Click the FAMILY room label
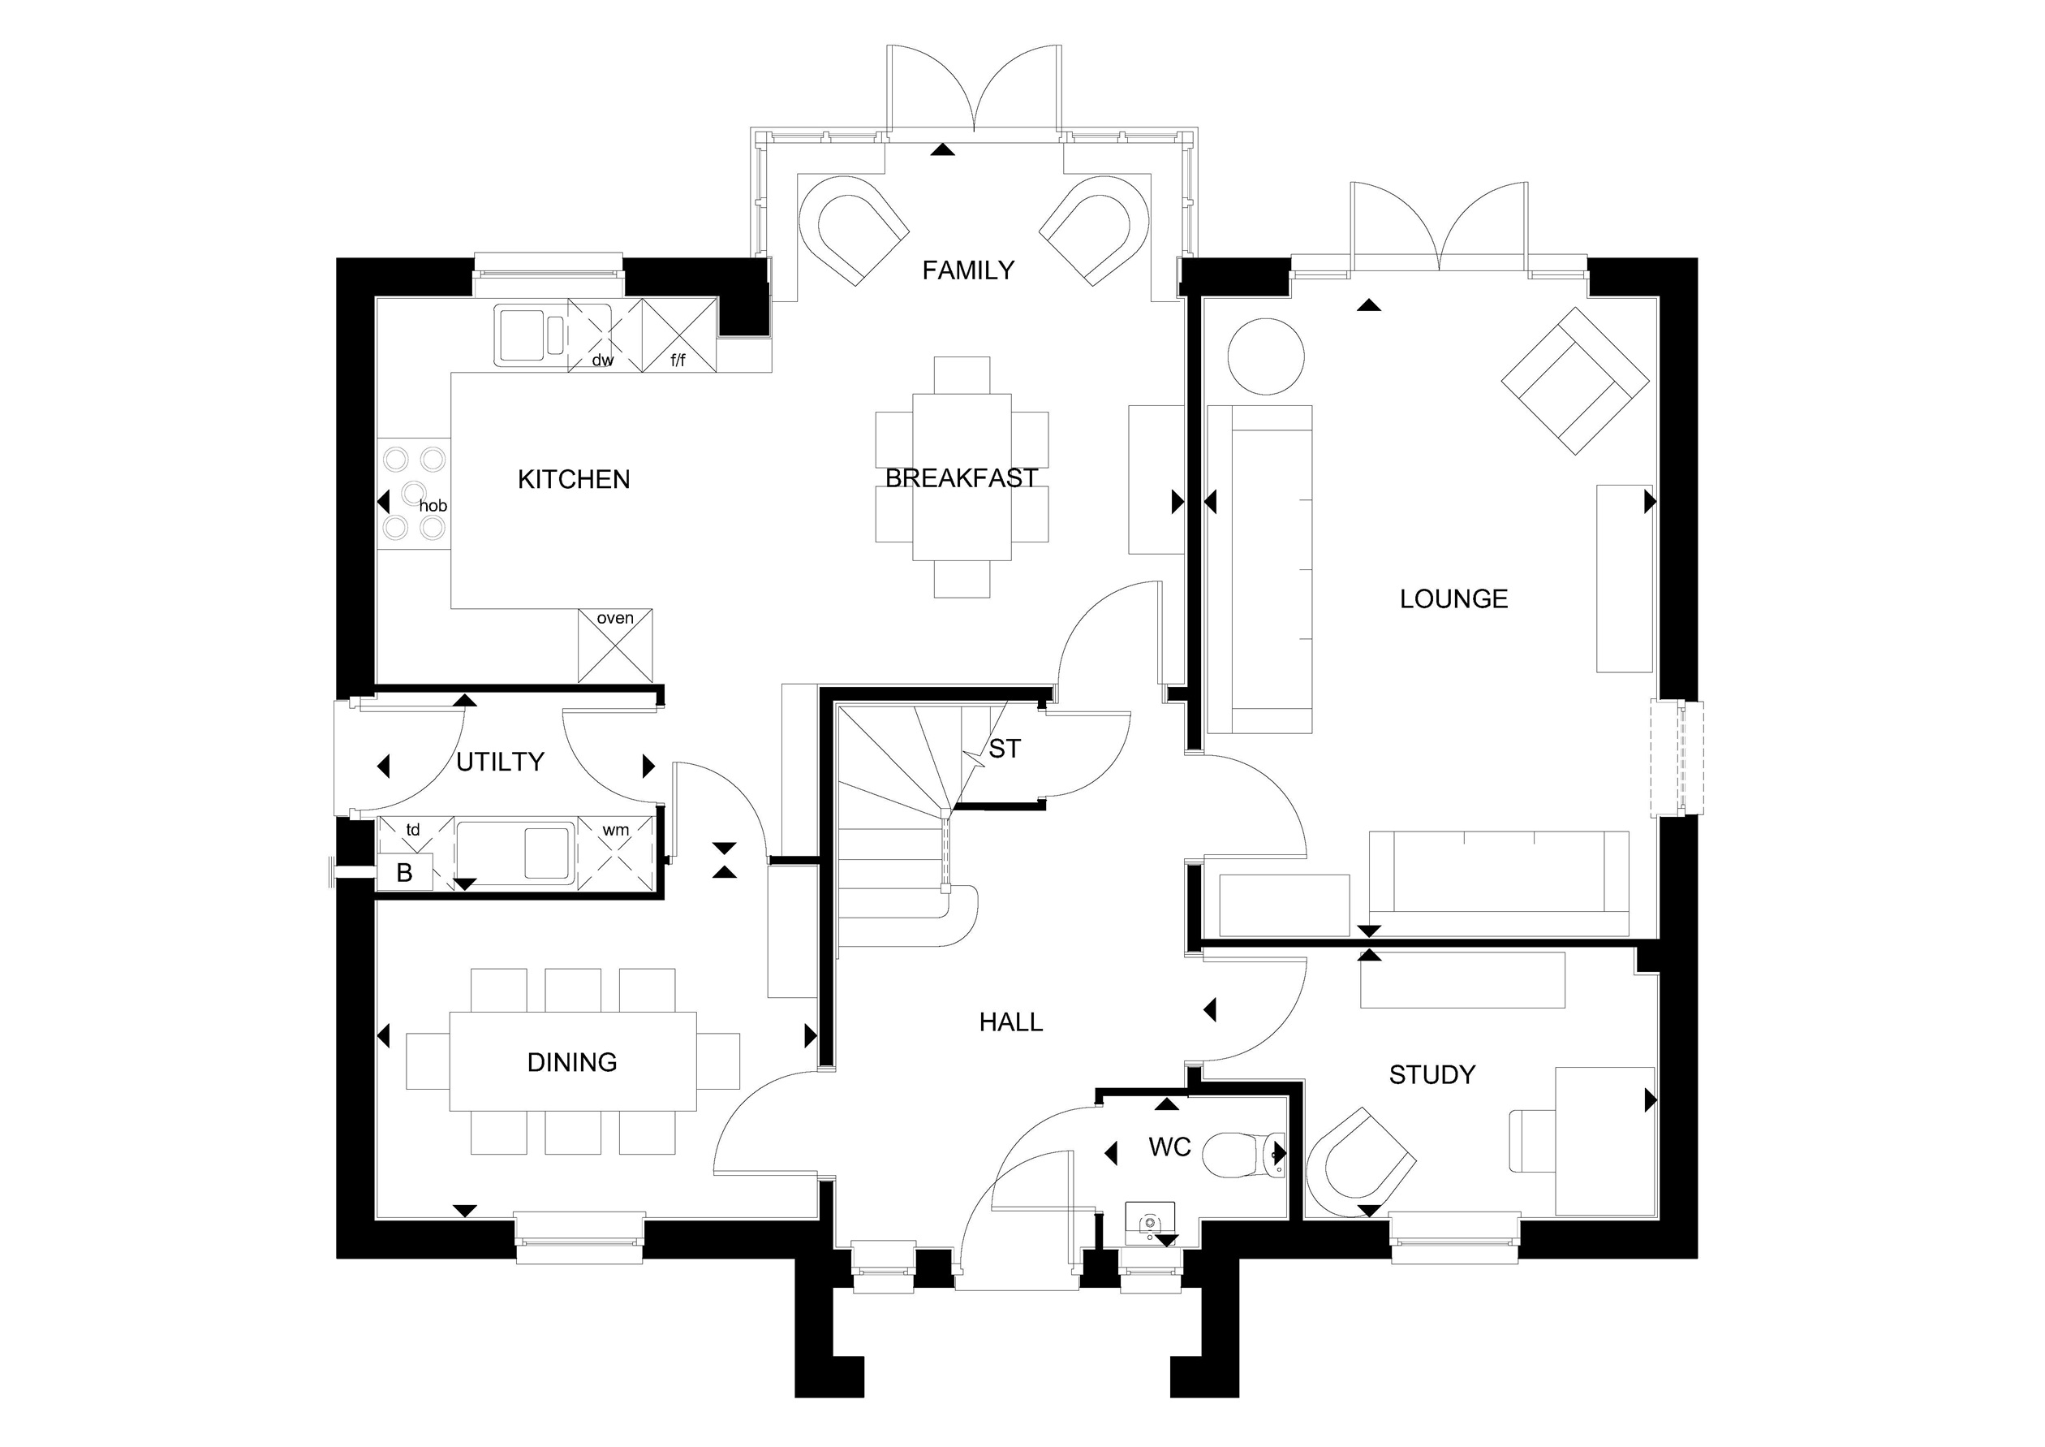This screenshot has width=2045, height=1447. coord(968,270)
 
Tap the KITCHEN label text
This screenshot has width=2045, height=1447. coord(574,479)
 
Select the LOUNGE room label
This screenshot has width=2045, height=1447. coord(1453,598)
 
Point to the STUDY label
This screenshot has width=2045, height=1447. coord(1432,1074)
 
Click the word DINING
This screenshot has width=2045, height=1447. coord(572,1062)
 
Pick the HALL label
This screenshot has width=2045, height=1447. coord(1011,1022)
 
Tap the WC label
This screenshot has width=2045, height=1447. coord(1169,1147)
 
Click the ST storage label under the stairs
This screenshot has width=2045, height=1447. coord(1005,749)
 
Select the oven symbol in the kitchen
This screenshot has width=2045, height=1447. coord(615,645)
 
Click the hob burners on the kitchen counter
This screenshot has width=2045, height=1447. coord(414,493)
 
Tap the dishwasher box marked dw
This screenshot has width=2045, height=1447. coord(605,335)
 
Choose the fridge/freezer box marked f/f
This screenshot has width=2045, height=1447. coord(678,335)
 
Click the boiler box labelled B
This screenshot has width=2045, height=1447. coord(405,872)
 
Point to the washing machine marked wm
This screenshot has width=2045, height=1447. coord(615,853)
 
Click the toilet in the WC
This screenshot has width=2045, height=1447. coord(1244,1155)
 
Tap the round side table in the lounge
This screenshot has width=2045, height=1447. coord(1266,356)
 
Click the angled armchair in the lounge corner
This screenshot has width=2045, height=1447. coord(1574,382)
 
